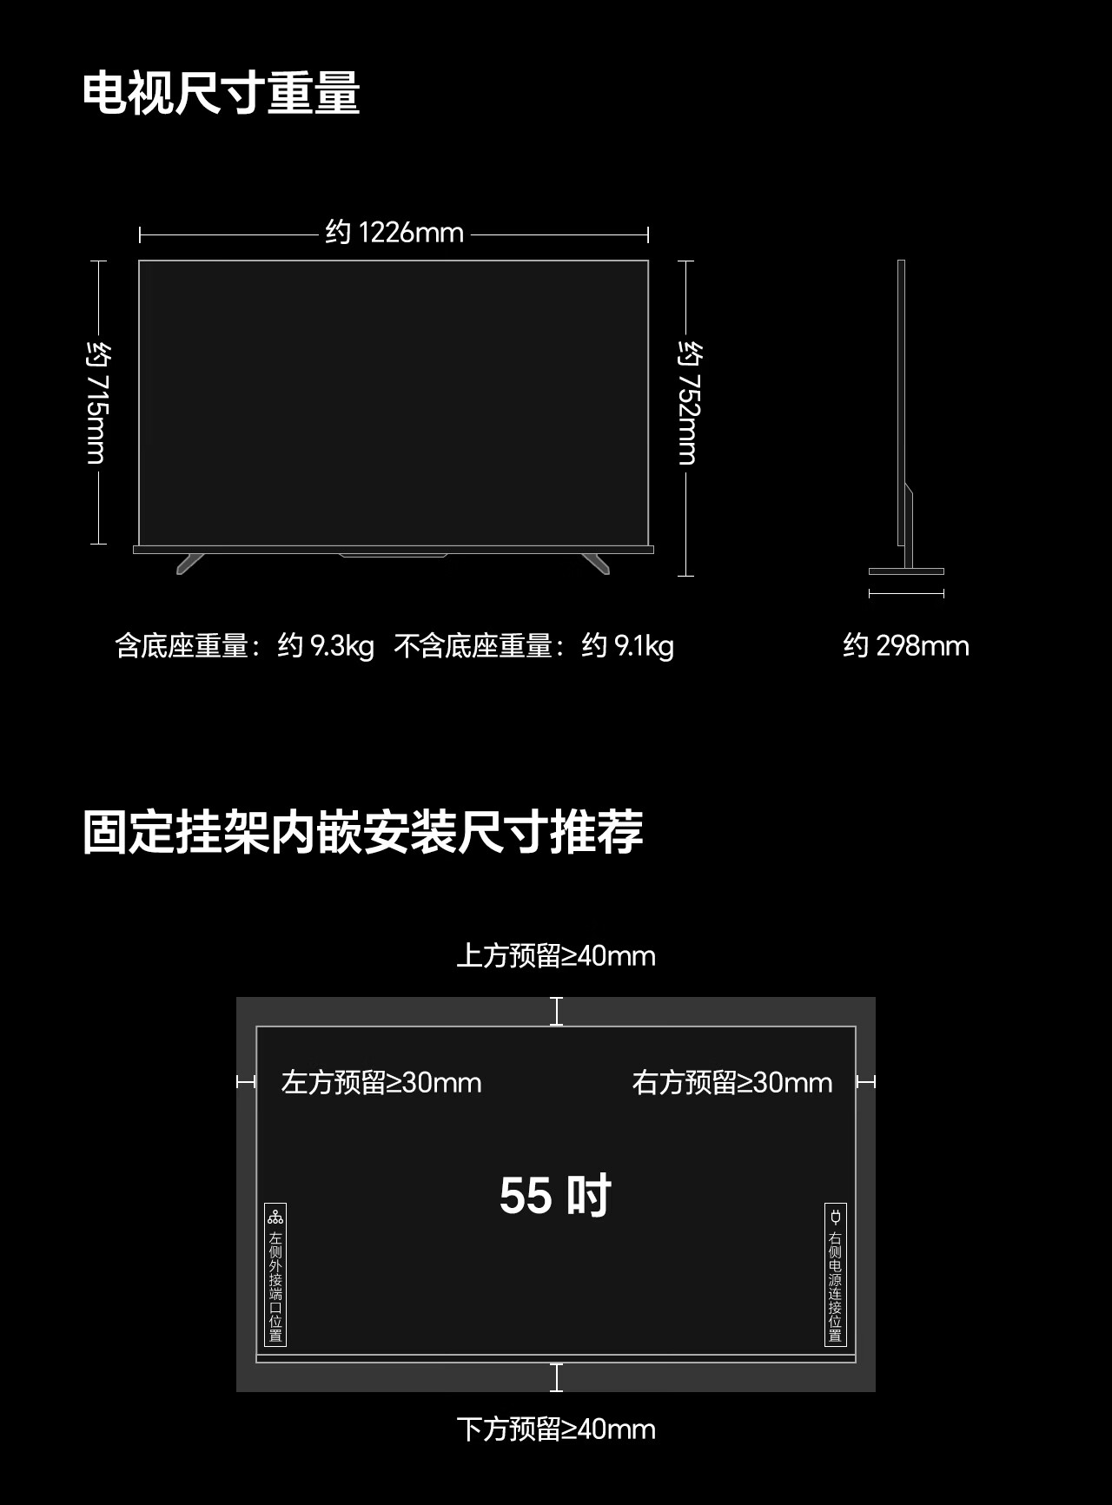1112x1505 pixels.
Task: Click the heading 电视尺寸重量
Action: pyautogui.click(x=221, y=93)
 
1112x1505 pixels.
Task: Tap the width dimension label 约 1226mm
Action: pyautogui.click(x=394, y=233)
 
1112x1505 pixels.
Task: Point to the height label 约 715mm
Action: pyautogui.click(x=97, y=402)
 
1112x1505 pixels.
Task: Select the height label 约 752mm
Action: pyautogui.click(x=688, y=402)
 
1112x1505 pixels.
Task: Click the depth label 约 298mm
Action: pyautogui.click(x=905, y=646)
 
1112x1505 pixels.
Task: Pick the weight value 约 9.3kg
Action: pyautogui.click(x=326, y=646)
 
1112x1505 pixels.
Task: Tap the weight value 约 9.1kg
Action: pyautogui.click(x=627, y=646)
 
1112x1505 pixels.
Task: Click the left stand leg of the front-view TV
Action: pyautogui.click(x=190, y=563)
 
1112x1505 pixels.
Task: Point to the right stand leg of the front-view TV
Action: pyautogui.click(x=596, y=563)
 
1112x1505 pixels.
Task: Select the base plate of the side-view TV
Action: pyautogui.click(x=906, y=571)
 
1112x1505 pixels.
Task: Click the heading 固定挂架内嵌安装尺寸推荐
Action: pyautogui.click(x=362, y=832)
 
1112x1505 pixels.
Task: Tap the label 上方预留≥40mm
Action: pyautogui.click(x=556, y=956)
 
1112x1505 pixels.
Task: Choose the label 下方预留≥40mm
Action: pyautogui.click(x=556, y=1429)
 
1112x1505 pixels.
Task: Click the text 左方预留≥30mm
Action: pyautogui.click(x=381, y=1083)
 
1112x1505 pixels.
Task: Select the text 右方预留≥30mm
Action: pyautogui.click(x=731, y=1083)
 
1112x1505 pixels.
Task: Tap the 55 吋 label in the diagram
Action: pyautogui.click(x=555, y=1196)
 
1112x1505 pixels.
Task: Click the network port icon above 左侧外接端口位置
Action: pyautogui.click(x=275, y=1217)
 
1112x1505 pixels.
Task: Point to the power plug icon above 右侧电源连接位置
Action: pyautogui.click(x=835, y=1217)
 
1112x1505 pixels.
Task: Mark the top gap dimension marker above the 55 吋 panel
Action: pyautogui.click(x=556, y=1012)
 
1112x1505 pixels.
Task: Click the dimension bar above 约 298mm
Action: pyautogui.click(x=906, y=594)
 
